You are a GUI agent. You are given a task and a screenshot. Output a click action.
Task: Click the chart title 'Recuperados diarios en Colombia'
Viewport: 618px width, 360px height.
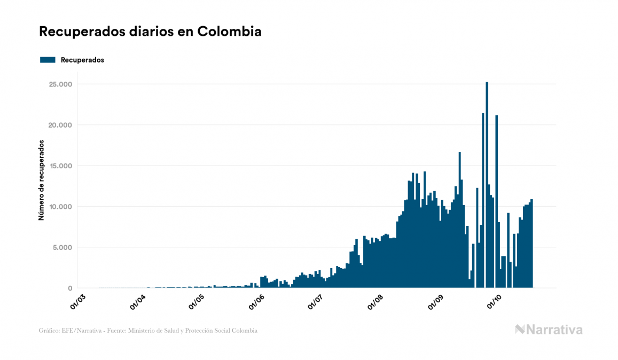click(x=150, y=32)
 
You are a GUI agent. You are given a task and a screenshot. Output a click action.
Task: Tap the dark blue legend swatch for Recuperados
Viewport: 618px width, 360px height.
click(x=48, y=60)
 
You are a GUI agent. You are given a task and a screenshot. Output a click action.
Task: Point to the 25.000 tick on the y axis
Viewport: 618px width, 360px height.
click(x=60, y=84)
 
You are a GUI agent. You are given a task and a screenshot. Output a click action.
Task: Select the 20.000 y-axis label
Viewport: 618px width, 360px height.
click(x=60, y=125)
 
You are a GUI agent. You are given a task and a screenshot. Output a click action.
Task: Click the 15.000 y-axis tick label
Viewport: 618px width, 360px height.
click(x=60, y=166)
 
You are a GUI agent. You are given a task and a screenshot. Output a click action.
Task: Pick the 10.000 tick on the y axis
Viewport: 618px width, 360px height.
click(x=60, y=207)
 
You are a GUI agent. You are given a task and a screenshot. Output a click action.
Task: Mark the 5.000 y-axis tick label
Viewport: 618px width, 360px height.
click(x=62, y=247)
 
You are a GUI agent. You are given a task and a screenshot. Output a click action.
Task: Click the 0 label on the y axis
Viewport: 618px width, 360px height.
click(x=69, y=288)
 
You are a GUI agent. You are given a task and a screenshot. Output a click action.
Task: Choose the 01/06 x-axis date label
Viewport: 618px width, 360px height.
click(x=257, y=302)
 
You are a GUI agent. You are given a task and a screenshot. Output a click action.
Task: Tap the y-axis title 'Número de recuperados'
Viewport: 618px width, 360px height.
click(x=41, y=181)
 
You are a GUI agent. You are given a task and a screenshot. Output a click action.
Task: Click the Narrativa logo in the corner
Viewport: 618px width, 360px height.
click(x=548, y=330)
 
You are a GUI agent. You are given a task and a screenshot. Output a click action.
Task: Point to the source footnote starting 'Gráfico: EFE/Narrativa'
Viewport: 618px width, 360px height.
click(x=148, y=331)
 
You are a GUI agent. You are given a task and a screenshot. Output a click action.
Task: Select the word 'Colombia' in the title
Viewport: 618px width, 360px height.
click(x=229, y=32)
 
